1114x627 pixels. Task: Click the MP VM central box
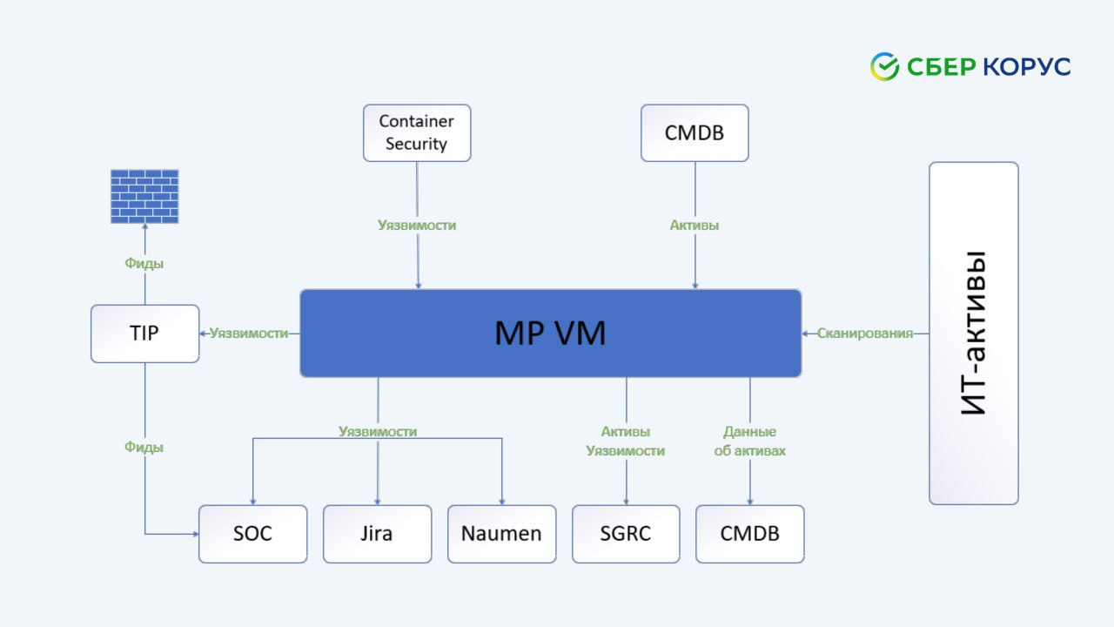coord(550,334)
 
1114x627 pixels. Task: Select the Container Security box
coord(417,133)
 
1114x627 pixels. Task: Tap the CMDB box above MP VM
coord(695,133)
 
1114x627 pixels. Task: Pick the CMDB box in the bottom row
coord(749,534)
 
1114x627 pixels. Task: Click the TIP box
coord(144,334)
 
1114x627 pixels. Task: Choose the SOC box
coord(252,534)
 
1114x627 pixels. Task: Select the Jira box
coord(377,534)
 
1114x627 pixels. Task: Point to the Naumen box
coord(501,534)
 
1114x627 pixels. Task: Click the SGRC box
coord(626,534)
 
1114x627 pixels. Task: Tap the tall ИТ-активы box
coord(973,334)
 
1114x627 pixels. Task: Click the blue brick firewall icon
coord(144,196)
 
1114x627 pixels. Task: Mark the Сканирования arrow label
coord(864,334)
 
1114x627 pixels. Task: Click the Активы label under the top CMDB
coord(695,226)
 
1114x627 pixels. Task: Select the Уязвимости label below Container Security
coord(417,226)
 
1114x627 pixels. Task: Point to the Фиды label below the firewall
coord(144,263)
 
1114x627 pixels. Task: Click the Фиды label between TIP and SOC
coord(144,447)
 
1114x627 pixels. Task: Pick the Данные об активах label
coord(749,442)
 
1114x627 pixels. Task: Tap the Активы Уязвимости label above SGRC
coord(626,442)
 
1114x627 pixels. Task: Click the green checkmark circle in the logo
coord(884,66)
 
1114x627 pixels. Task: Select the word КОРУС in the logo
coord(1027,66)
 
